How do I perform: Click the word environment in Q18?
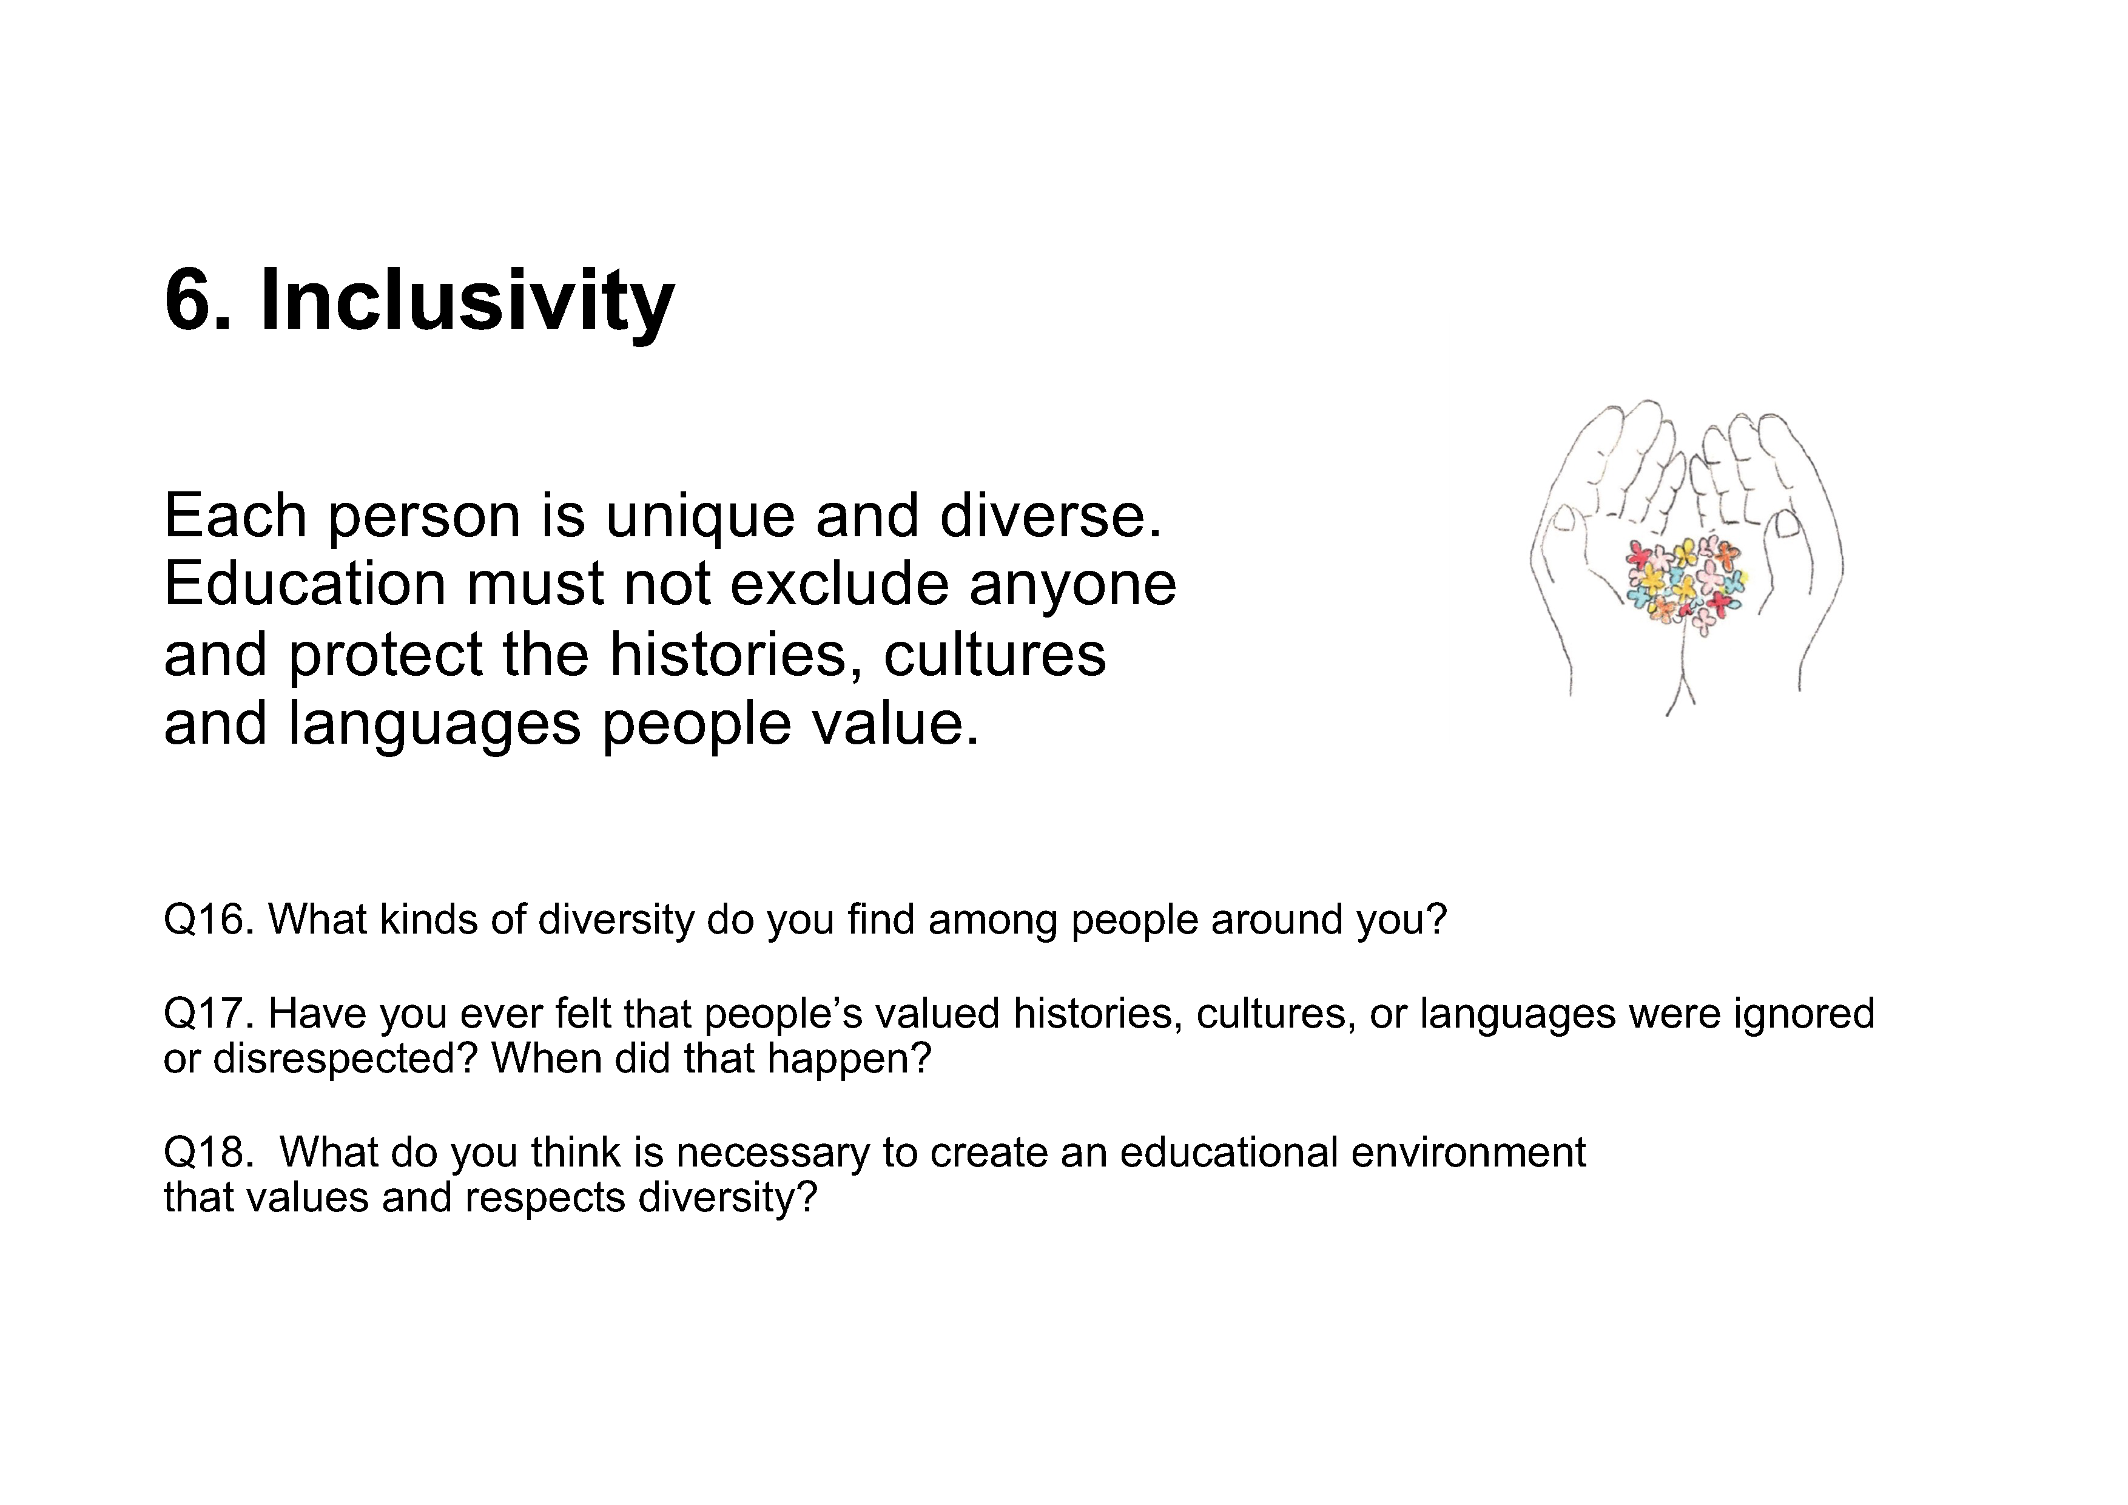[1468, 1152]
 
